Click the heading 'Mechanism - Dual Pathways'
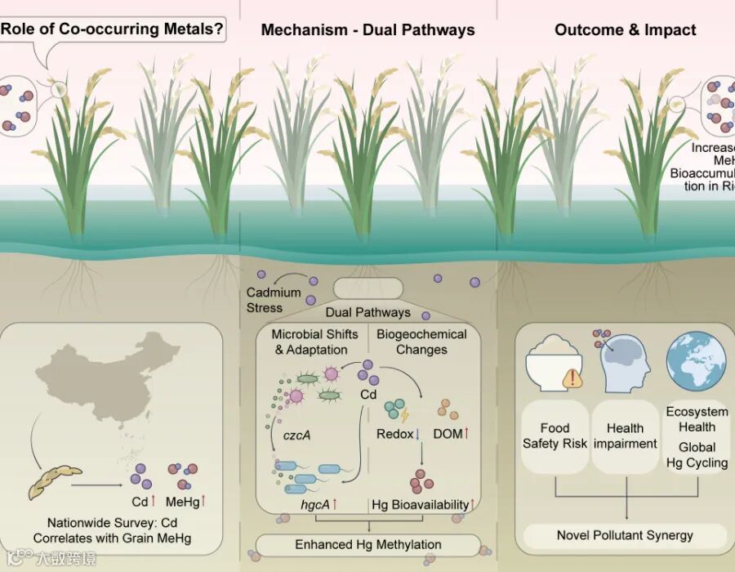[367, 30]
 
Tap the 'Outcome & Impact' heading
[625, 30]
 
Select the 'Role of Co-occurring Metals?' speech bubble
[112, 30]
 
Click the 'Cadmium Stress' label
[274, 300]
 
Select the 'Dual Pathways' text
[367, 312]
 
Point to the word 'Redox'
[395, 435]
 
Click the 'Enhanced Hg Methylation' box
[367, 544]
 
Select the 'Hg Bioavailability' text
[421, 505]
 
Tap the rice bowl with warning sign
[554, 364]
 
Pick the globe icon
[695, 360]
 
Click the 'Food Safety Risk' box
[555, 436]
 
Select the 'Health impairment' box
[625, 436]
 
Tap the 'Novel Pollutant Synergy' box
[625, 536]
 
